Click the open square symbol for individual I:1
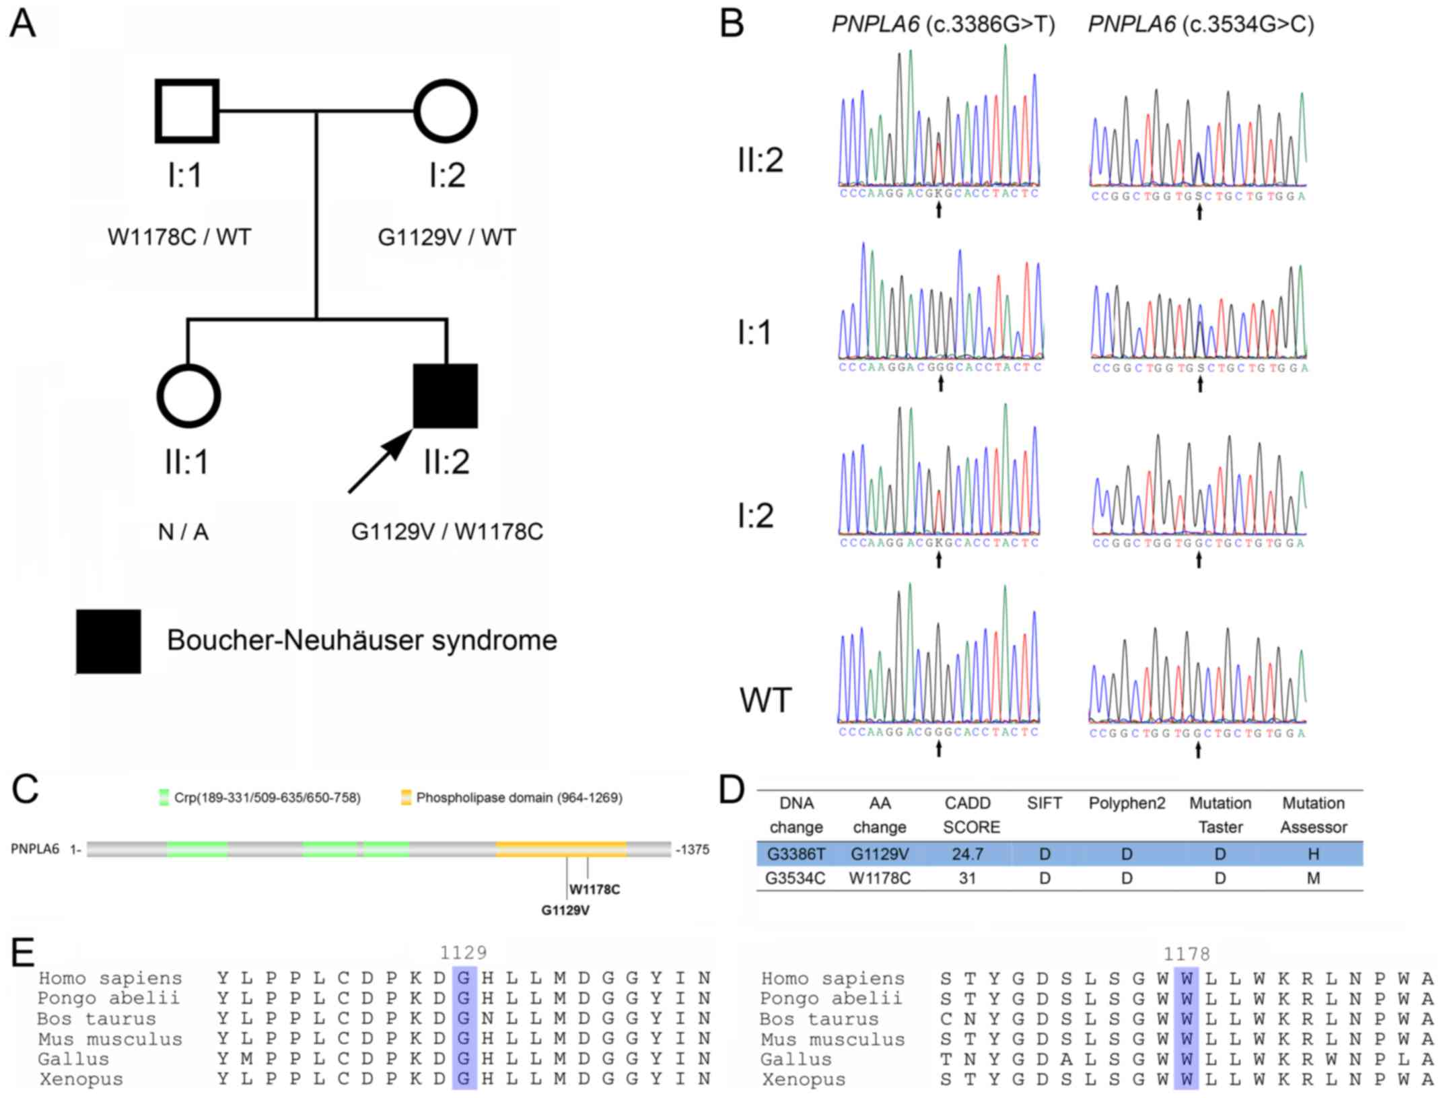pyautogui.click(x=187, y=111)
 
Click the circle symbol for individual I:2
pyautogui.click(x=446, y=111)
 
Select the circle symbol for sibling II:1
pyautogui.click(x=188, y=397)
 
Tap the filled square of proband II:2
pyautogui.click(x=446, y=397)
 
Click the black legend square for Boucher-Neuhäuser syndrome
pyautogui.click(x=108, y=642)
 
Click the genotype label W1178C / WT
pyautogui.click(x=179, y=238)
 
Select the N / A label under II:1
pyautogui.click(x=183, y=533)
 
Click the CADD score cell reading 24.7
pyautogui.click(x=967, y=854)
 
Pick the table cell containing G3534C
pyautogui.click(x=796, y=879)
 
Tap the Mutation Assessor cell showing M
pyautogui.click(x=1312, y=879)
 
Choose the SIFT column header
pyautogui.click(x=1044, y=803)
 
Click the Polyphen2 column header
pyautogui.click(x=1127, y=803)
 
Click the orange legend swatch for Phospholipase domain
pyautogui.click(x=406, y=798)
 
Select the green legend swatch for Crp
pyautogui.click(x=164, y=798)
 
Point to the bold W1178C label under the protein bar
pyautogui.click(x=594, y=889)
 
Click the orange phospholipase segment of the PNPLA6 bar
pyautogui.click(x=561, y=849)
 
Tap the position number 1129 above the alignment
pyautogui.click(x=463, y=953)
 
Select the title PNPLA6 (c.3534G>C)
pyautogui.click(x=1201, y=25)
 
